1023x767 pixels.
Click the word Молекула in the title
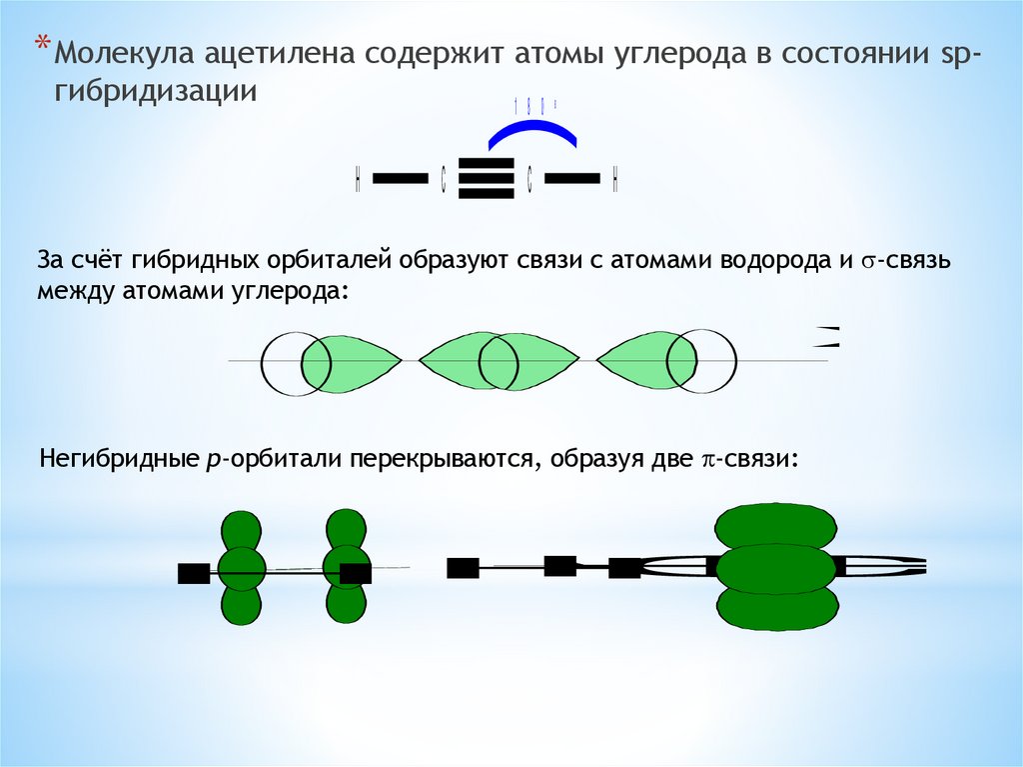[124, 53]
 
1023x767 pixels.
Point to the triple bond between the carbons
[486, 179]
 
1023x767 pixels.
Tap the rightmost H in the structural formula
[616, 180]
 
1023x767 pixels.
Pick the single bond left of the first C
[400, 179]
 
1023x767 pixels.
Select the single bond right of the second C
[572, 179]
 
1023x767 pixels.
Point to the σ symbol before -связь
[869, 263]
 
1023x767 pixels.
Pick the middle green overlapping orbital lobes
[499, 361]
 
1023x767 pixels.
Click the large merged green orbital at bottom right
[776, 567]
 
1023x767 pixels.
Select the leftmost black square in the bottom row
[193, 573]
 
